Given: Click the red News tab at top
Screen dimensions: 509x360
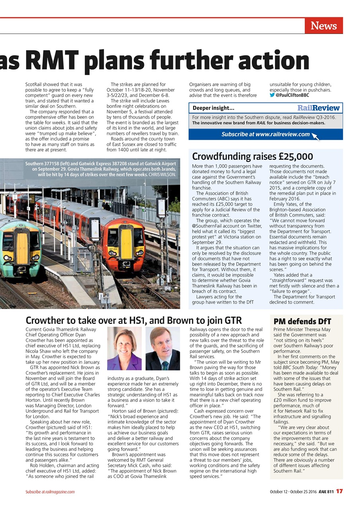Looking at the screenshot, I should tap(323, 26).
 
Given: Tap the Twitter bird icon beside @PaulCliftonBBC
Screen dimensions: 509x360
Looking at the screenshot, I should tap(272, 95).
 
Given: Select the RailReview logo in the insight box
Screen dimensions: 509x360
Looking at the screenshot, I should tap(318, 108).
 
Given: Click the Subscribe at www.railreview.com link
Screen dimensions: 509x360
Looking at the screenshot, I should tap(265, 134).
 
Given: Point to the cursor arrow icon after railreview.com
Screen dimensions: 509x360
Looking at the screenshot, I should tap(315, 136).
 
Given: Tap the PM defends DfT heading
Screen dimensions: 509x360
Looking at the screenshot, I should tap(302, 321).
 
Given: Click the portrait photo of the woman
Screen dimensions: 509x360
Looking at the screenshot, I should tap(124, 348).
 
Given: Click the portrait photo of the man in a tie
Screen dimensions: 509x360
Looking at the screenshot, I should tap(162, 348).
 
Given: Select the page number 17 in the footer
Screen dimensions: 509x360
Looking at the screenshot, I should tap(339, 492).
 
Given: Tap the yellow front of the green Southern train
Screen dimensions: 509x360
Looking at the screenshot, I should tap(22, 249).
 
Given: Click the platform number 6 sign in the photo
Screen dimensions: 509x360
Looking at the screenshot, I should tap(47, 211).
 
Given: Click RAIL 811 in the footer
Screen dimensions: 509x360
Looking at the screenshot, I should tap(325, 492).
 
